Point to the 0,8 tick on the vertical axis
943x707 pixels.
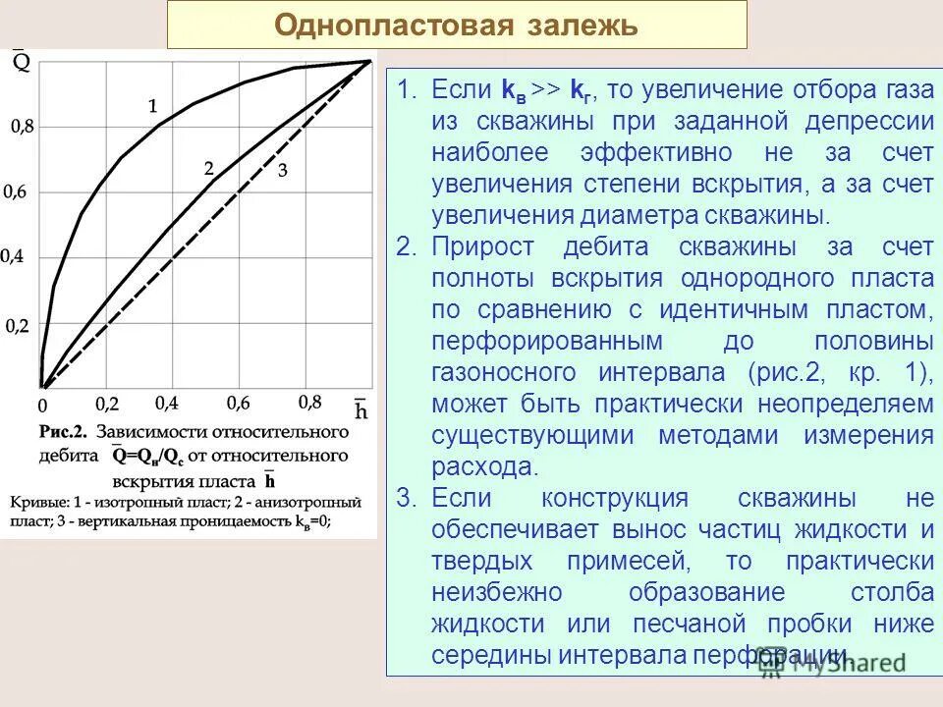click(22, 126)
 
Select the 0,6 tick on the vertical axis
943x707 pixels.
click(15, 192)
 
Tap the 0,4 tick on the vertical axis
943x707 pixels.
click(12, 256)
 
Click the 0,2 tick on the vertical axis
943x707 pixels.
click(18, 325)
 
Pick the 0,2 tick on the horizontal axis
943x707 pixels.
click(106, 404)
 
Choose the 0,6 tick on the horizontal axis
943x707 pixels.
click(239, 403)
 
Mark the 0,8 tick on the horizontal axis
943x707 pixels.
click(309, 402)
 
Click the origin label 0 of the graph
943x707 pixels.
click(42, 405)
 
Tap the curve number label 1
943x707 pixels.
click(152, 105)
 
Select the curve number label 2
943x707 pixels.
click(208, 168)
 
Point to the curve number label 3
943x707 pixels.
click(282, 171)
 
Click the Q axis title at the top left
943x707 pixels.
click(21, 63)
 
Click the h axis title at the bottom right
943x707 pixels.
click(361, 410)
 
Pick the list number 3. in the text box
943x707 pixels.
click(407, 498)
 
